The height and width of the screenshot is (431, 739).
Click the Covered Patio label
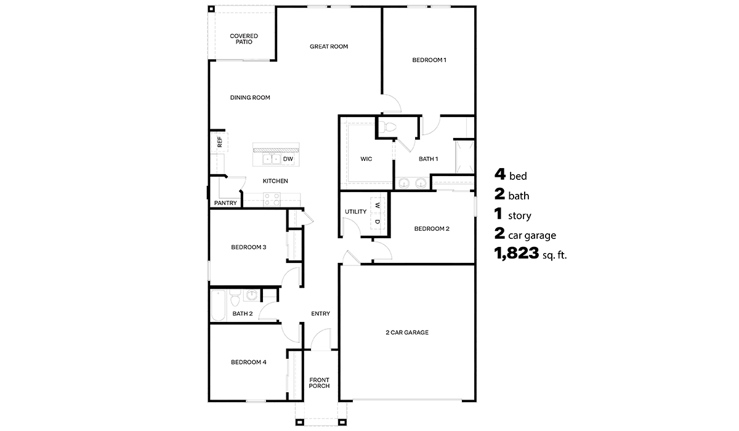[x=244, y=39]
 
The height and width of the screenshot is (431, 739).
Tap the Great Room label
[x=329, y=46]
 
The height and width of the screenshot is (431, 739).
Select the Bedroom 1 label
[x=429, y=60]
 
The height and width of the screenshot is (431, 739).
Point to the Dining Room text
[x=250, y=97]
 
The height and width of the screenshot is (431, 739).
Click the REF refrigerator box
[x=219, y=142]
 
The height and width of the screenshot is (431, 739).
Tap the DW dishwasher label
[x=288, y=159]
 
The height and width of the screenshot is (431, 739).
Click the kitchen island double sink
[x=272, y=159]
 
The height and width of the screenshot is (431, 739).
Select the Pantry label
[x=225, y=203]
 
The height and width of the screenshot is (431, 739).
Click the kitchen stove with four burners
[x=272, y=198]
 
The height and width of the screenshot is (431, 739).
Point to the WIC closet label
[x=366, y=159]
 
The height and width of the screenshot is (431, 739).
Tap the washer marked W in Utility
[x=378, y=205]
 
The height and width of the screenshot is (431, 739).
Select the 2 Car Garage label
[x=406, y=332]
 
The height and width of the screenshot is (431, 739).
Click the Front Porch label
[x=319, y=383]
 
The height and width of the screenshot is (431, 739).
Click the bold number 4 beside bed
[x=499, y=175]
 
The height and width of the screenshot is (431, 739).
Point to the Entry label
[x=320, y=313]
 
